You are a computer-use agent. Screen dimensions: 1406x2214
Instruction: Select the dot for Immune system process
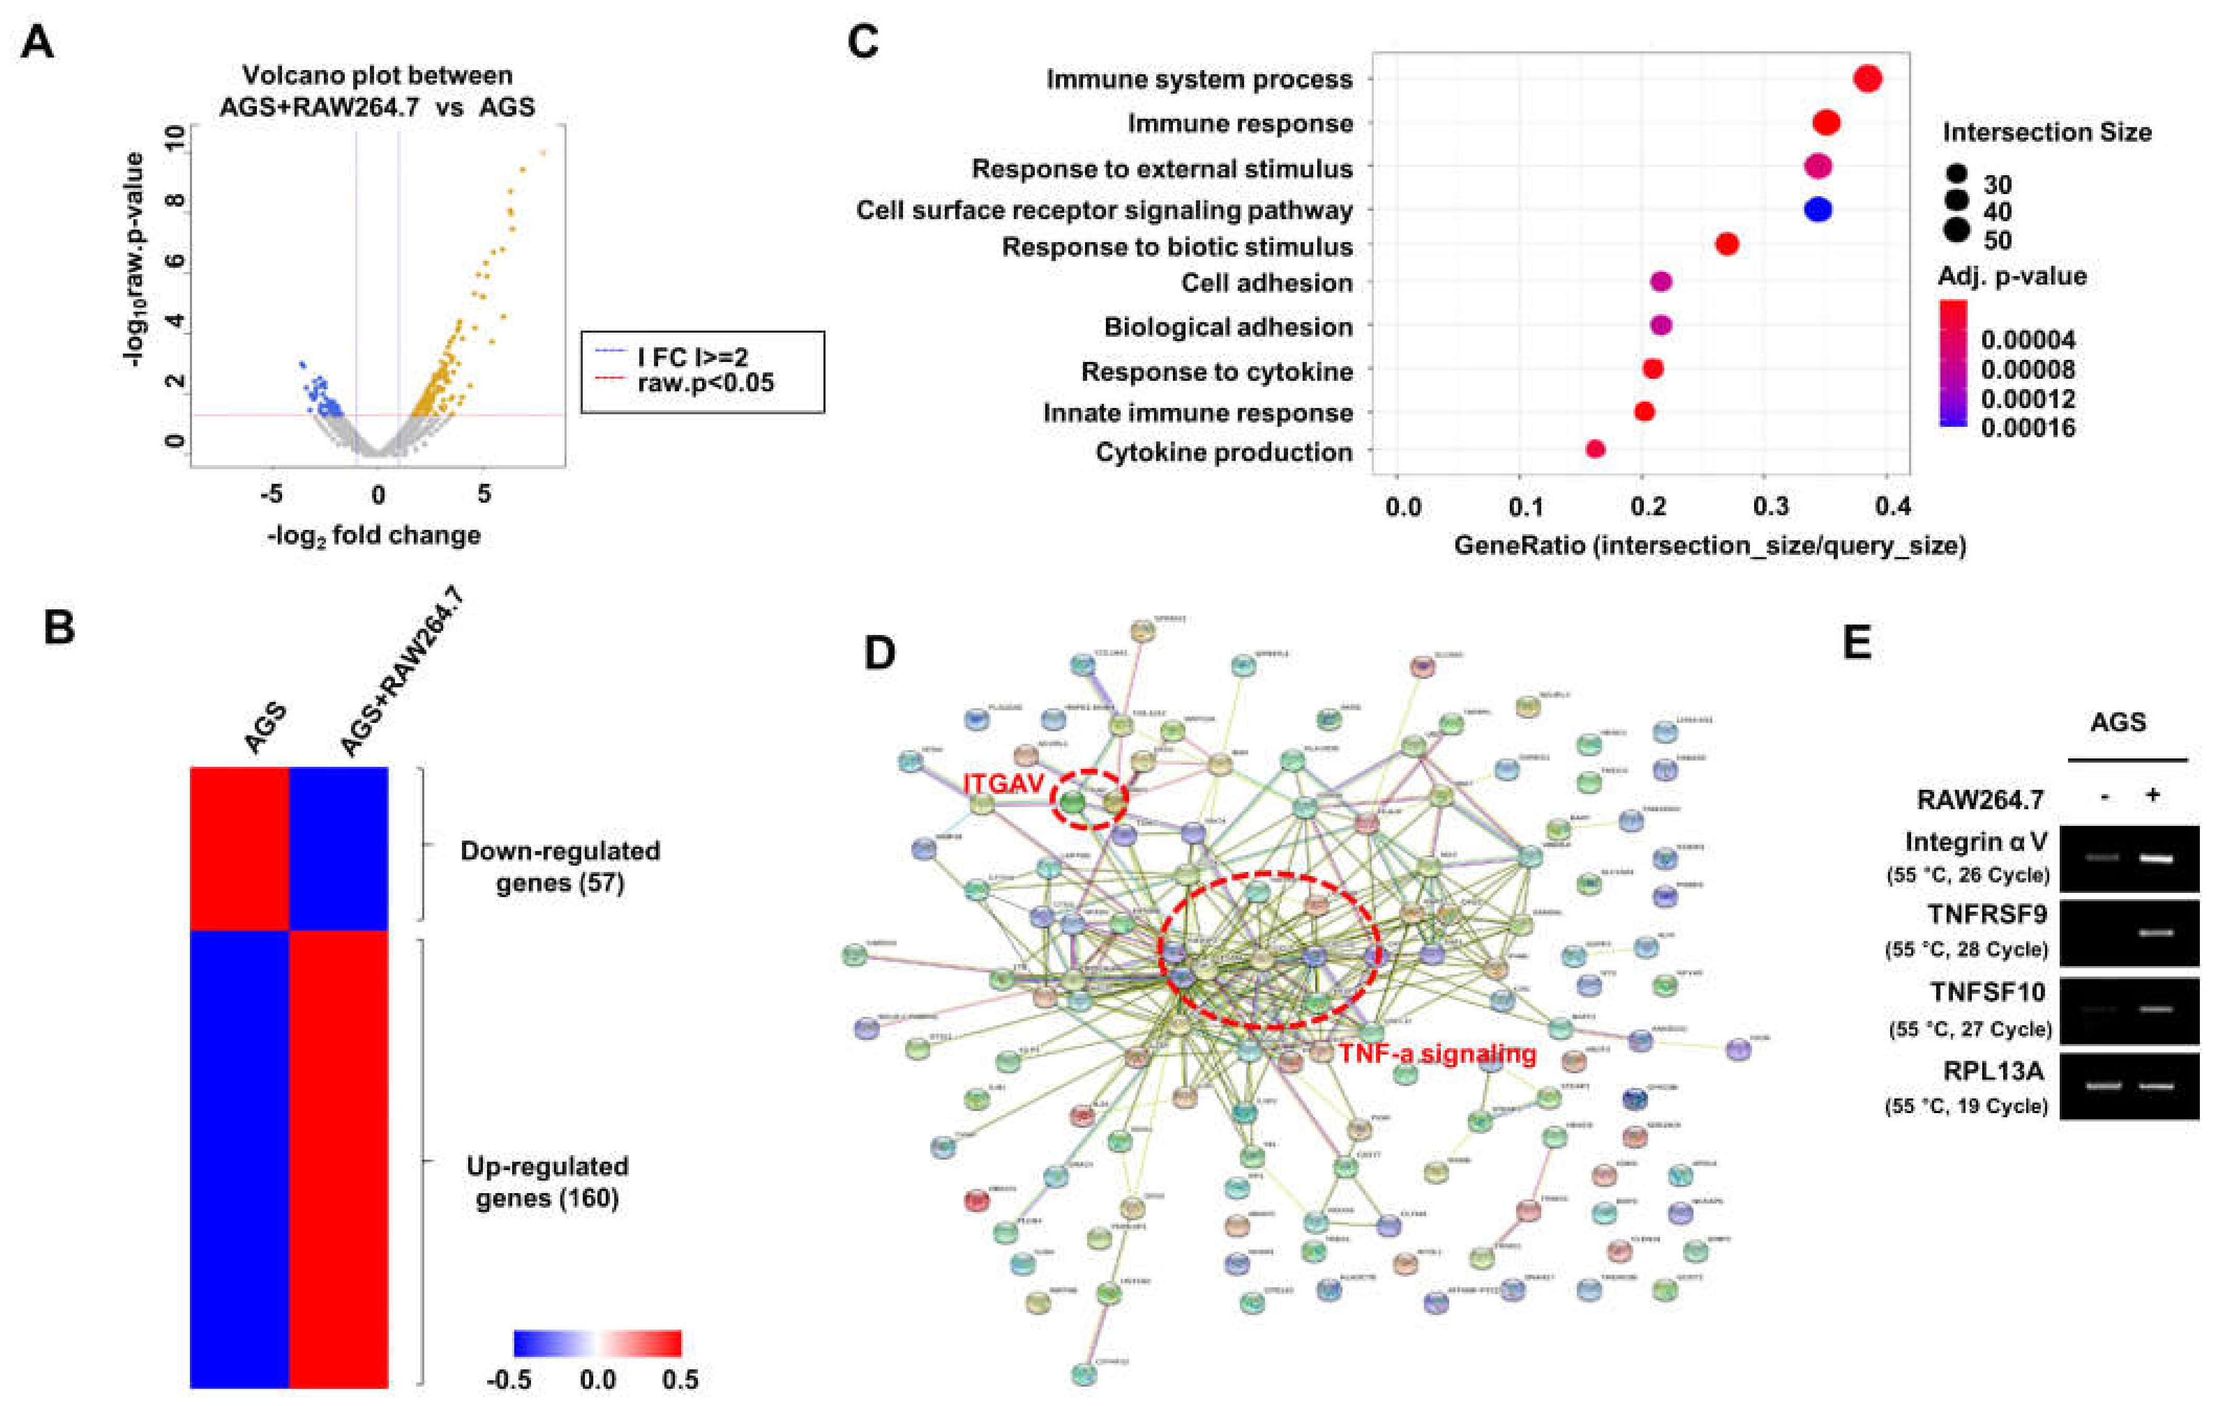pos(1867,79)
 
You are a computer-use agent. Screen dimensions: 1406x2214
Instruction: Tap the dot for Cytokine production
pos(1595,449)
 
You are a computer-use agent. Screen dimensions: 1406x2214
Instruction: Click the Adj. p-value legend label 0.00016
pos(2027,427)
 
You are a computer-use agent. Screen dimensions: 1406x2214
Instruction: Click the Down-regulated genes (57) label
pos(560,867)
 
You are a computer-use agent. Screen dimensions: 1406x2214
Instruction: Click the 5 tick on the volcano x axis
pos(483,495)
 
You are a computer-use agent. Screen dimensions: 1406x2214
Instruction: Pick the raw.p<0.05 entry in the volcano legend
pos(705,382)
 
